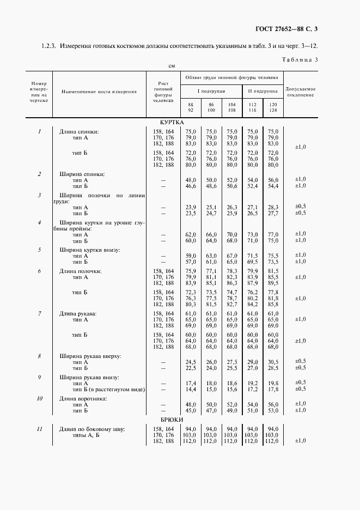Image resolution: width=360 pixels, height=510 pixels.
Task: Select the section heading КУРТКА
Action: click(172, 123)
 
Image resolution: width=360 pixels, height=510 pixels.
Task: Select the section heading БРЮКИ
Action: click(172, 421)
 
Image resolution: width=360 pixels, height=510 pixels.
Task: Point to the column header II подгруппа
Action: click(263, 91)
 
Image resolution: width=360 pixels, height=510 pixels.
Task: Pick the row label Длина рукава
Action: click(78, 314)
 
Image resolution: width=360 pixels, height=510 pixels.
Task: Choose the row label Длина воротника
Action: click(82, 398)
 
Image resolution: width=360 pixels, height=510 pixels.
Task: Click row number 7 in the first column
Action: click(40, 314)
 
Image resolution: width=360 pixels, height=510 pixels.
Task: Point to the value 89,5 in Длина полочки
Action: click(273, 283)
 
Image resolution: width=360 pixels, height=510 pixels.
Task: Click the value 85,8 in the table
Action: click(273, 304)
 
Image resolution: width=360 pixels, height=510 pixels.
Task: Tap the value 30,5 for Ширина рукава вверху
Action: click(273, 362)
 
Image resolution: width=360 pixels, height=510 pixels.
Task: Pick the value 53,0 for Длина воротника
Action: click(273, 410)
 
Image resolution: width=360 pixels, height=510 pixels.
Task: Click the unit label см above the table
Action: click(171, 65)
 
